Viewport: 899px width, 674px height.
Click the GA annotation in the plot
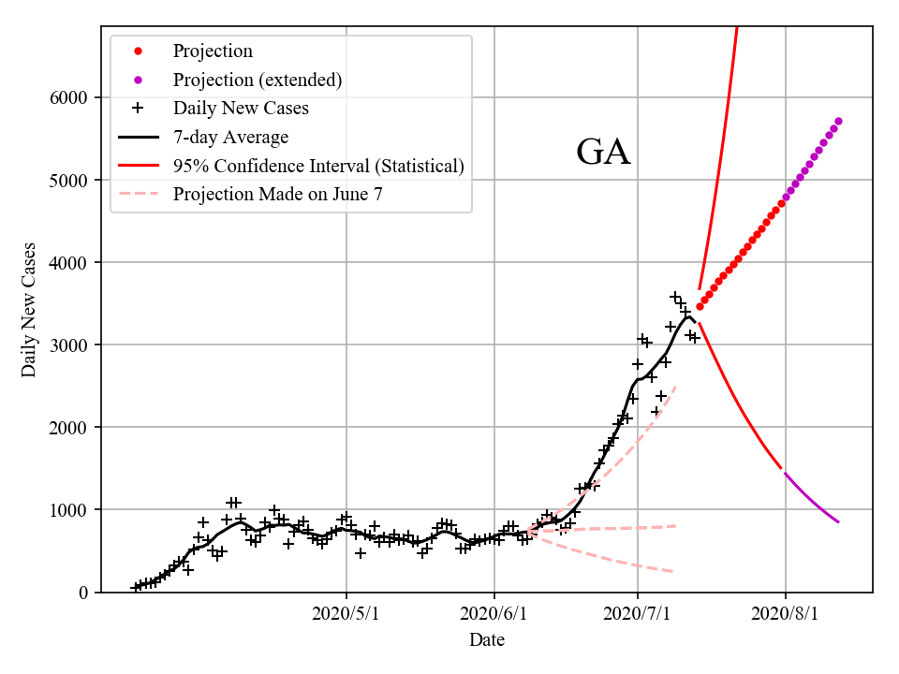[x=603, y=153]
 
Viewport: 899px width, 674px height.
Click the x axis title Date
[x=487, y=640]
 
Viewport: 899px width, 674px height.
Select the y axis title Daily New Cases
[x=29, y=310]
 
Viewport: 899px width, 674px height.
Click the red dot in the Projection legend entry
[x=138, y=51]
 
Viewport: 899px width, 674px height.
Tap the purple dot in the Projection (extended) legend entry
[x=138, y=81]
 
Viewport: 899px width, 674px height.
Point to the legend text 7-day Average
[x=230, y=138]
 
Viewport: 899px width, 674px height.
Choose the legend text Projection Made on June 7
[x=277, y=195]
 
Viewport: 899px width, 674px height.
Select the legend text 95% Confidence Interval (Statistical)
[x=318, y=167]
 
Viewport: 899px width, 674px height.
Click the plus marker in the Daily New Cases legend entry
[x=138, y=109]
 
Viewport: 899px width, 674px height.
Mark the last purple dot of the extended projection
[x=838, y=121]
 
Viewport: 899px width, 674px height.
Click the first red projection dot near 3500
[x=700, y=306]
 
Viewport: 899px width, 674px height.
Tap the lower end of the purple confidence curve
[x=838, y=521]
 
